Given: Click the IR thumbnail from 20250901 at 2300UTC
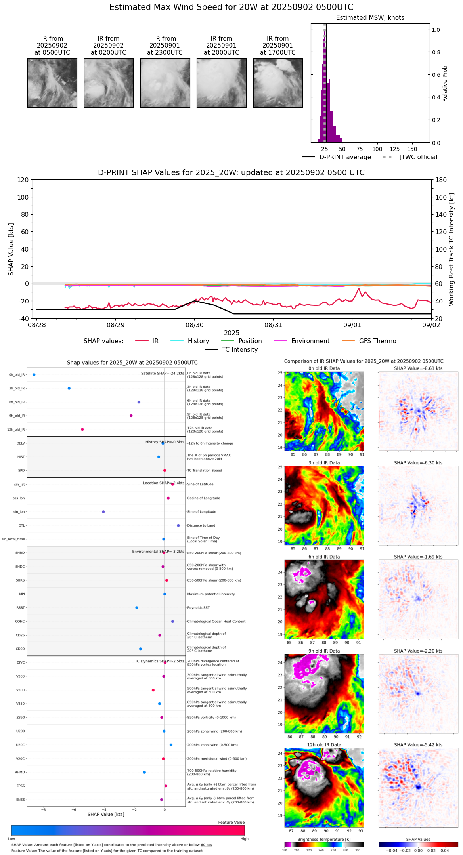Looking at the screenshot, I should tap(165, 83).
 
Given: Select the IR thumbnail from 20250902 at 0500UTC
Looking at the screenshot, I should tap(52, 83).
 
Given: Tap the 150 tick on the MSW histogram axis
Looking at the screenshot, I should tap(412, 149).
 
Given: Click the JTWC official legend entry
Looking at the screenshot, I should tap(418, 157).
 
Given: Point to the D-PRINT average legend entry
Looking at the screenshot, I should tap(345, 157).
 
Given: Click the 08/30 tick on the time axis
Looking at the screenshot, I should tap(194, 325).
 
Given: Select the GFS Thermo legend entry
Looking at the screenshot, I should tap(377, 341).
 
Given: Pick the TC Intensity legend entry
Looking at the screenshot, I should tap(239, 350).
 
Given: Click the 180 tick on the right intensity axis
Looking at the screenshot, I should tap(441, 180).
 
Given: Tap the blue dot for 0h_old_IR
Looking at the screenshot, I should tap(34, 374).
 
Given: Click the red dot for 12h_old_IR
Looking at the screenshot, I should tap(82, 429).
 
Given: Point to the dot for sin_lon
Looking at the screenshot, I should tap(103, 512).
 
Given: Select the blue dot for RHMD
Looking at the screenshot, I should tap(144, 772).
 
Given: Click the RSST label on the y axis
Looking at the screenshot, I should tap(20, 608).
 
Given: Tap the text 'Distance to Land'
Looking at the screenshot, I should tap(201, 526).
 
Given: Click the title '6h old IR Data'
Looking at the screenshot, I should tap(324, 557).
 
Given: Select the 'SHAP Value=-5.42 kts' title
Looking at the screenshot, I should tap(418, 745).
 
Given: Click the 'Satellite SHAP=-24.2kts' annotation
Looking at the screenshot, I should tap(163, 373).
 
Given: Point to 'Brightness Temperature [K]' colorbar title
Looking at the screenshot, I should tap(324, 839).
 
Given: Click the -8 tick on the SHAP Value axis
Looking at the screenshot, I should tap(44, 810).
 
